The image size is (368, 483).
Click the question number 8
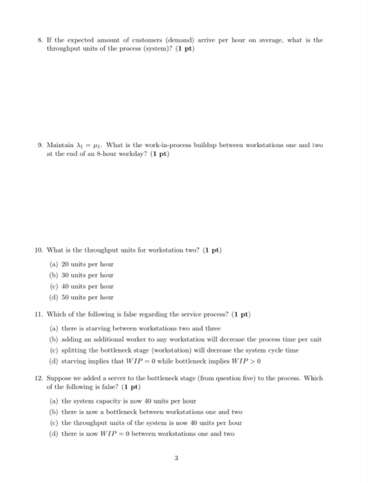41,41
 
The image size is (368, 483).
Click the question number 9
41,144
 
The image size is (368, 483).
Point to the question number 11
42,314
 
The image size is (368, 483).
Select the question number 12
42,379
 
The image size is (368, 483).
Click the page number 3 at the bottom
183,464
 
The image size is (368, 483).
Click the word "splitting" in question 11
76,350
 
